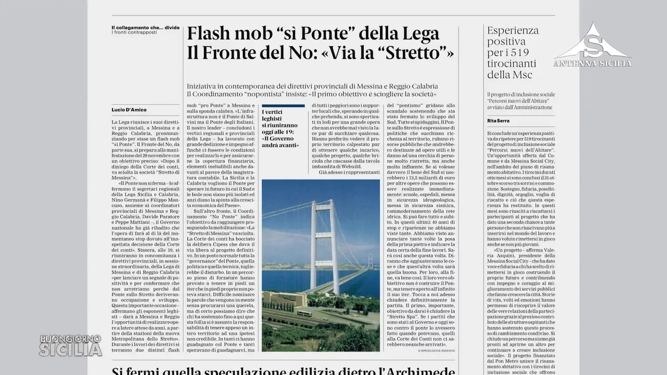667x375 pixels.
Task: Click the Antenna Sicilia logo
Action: [x=592, y=46]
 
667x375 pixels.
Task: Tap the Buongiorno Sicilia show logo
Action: [x=71, y=345]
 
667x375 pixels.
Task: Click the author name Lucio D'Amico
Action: [x=129, y=110]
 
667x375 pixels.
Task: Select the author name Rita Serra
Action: [x=498, y=121]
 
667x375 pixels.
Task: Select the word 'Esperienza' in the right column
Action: [x=513, y=30]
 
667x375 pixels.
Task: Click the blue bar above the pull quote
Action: [x=283, y=106]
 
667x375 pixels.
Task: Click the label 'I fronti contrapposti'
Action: [x=134, y=33]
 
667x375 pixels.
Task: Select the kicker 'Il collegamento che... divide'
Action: [x=142, y=27]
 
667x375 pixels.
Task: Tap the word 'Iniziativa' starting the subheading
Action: [x=203, y=86]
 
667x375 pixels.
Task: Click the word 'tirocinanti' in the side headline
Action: [x=511, y=64]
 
